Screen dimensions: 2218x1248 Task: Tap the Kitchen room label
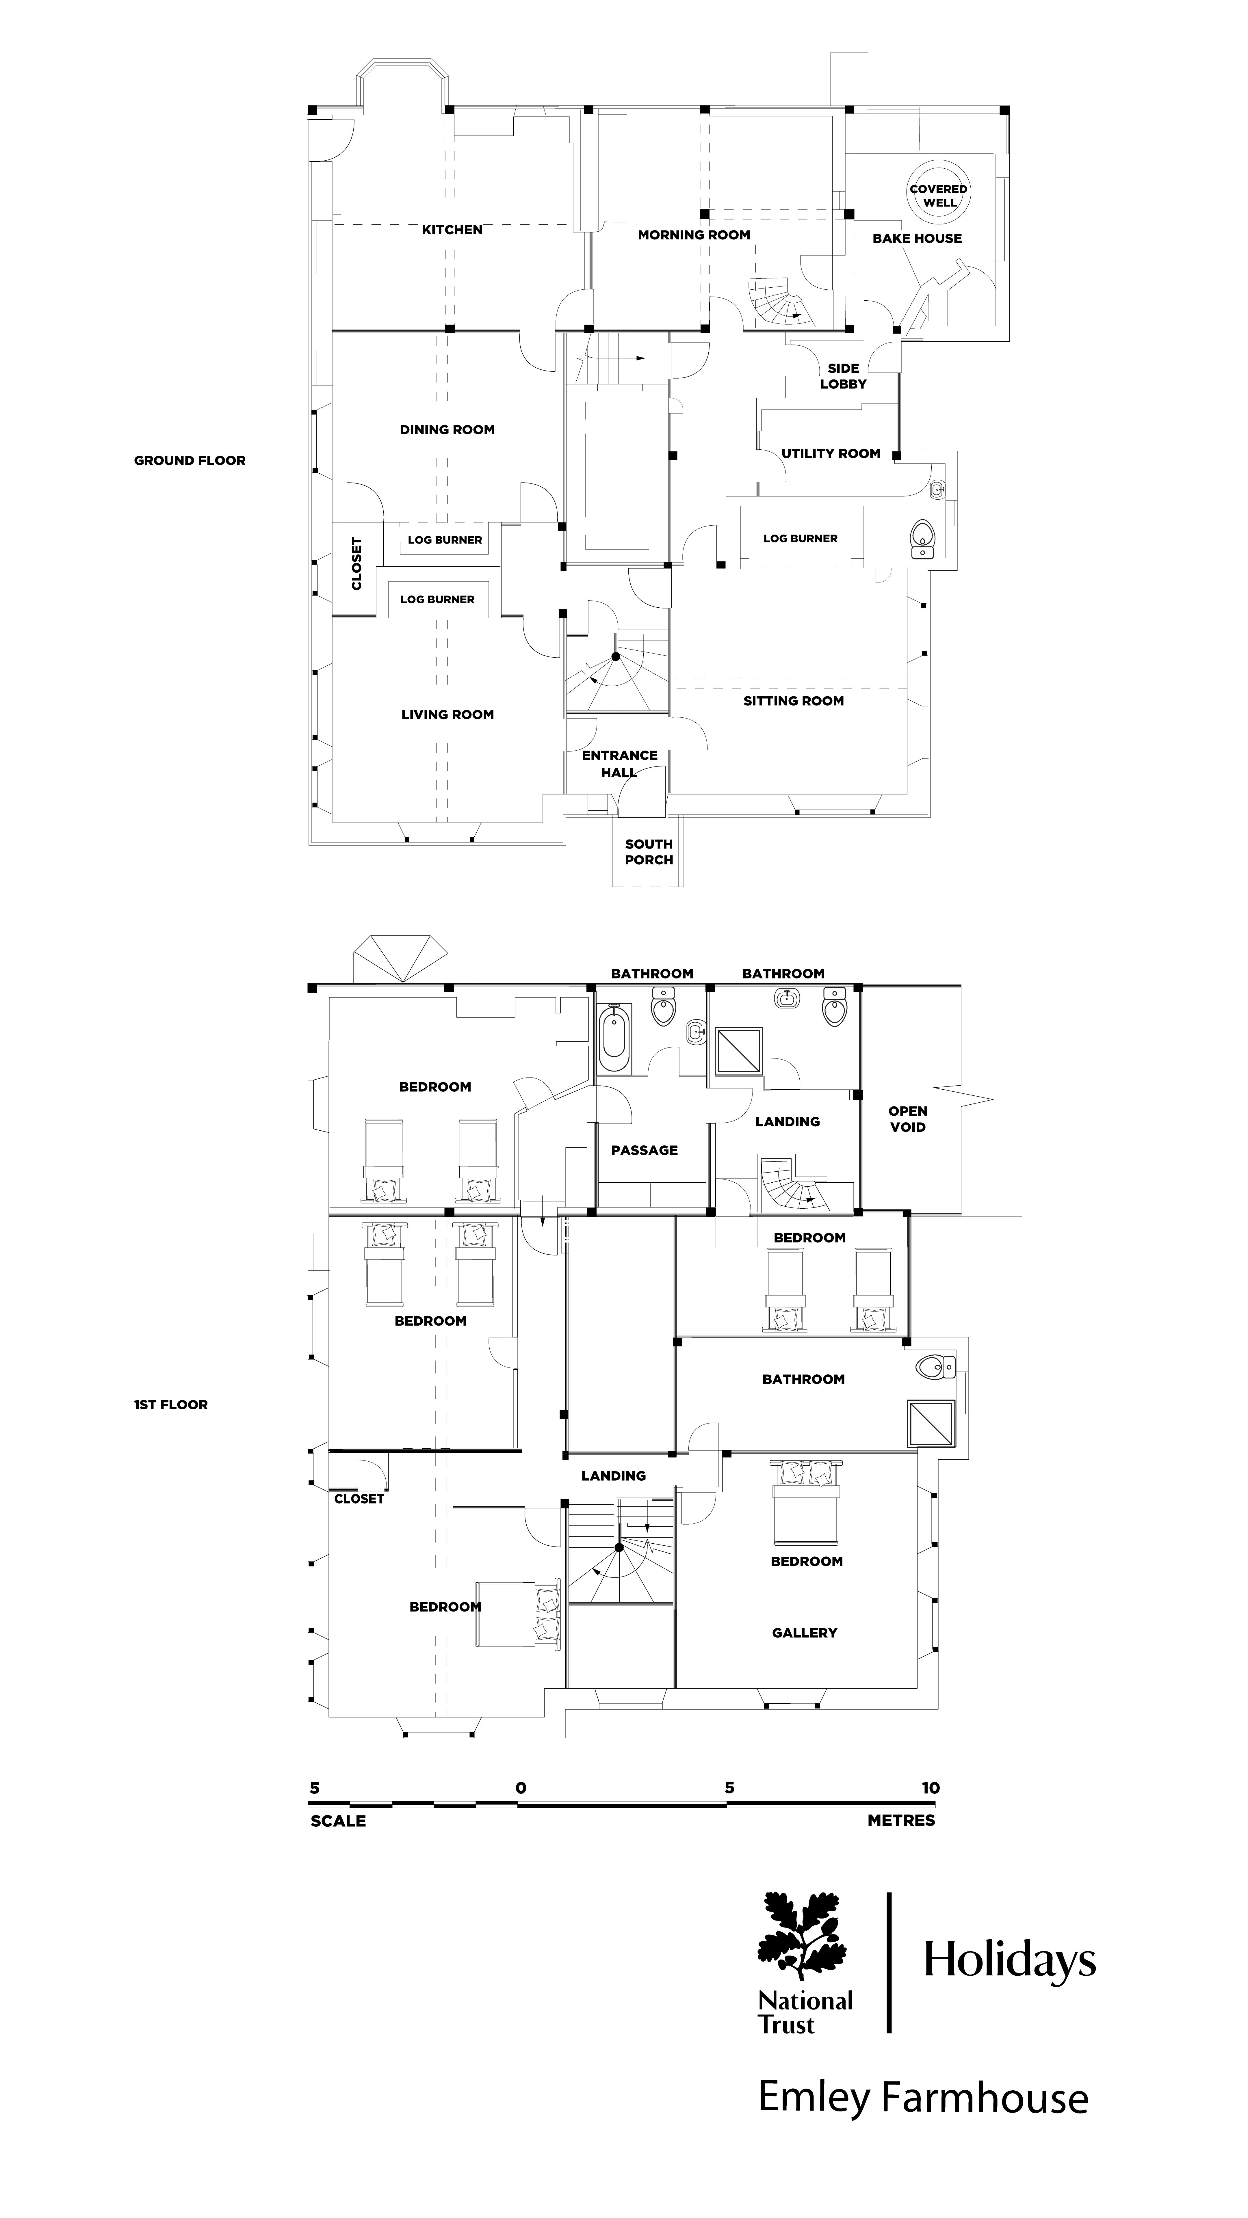click(x=452, y=230)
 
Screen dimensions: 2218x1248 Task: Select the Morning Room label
click(x=693, y=235)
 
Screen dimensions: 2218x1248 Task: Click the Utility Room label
click(x=830, y=454)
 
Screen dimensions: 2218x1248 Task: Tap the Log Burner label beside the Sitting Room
click(x=800, y=539)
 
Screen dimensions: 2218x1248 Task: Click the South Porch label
click(x=649, y=852)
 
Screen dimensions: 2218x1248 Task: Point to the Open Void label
click(x=908, y=1119)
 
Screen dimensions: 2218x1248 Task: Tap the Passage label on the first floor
click(x=644, y=1150)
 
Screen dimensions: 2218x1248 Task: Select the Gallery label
click(x=805, y=1633)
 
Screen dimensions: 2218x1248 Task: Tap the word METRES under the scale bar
click(x=901, y=1821)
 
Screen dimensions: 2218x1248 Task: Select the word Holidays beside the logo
click(x=1009, y=1962)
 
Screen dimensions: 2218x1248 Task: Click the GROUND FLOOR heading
click(x=190, y=461)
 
